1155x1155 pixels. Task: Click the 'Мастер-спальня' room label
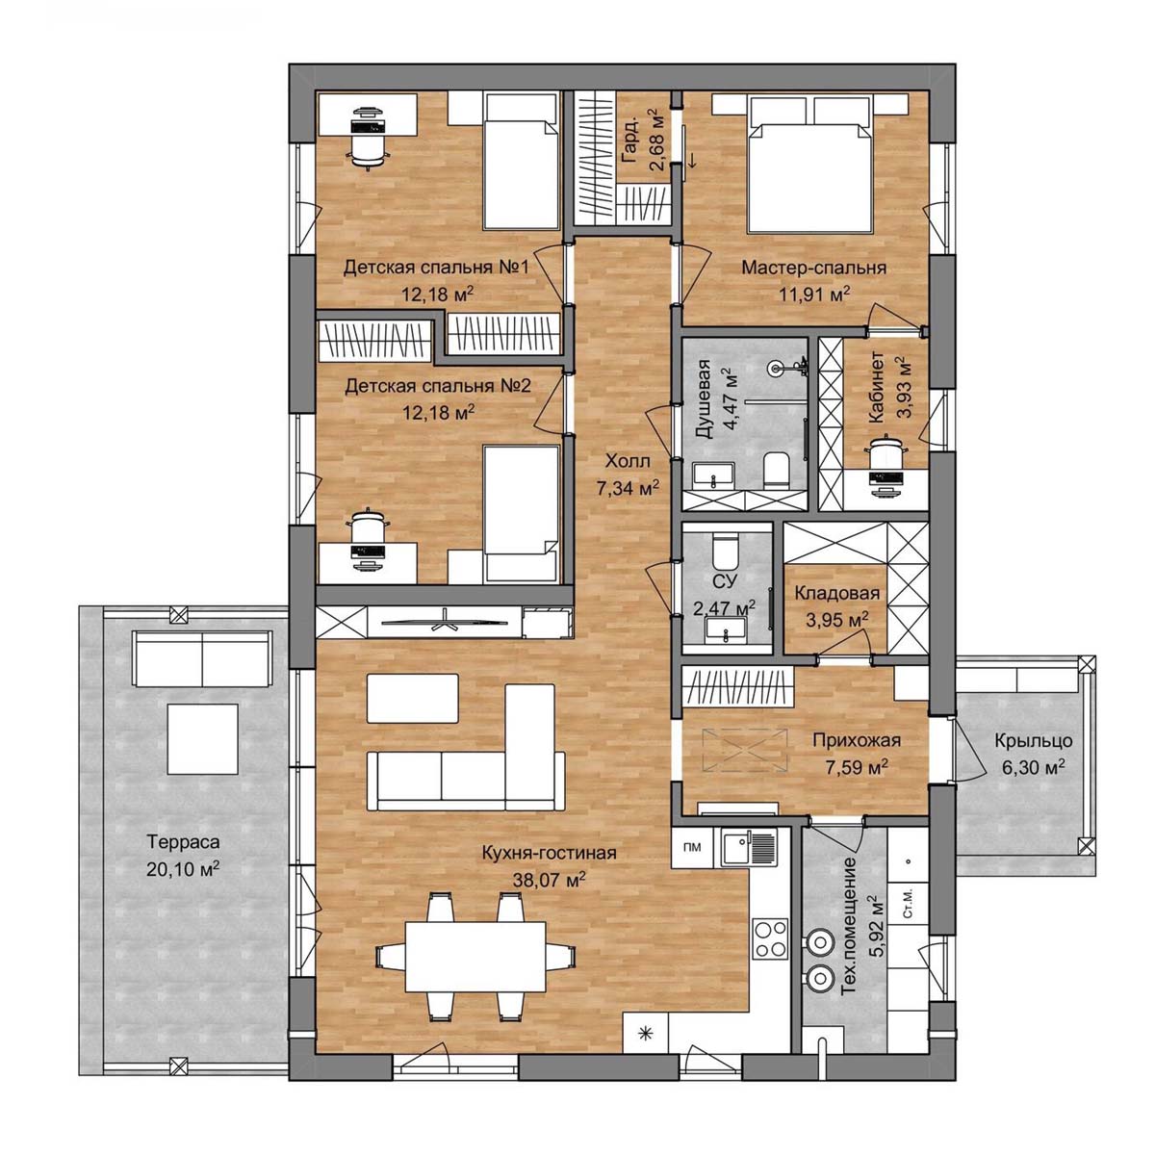click(813, 268)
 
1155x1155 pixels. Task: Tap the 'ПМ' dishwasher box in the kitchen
click(692, 846)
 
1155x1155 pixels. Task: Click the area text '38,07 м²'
click(549, 880)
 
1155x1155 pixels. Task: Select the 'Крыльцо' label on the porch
click(1034, 741)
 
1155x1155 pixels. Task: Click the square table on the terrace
click(203, 738)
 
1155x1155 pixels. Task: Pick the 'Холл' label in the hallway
click(627, 462)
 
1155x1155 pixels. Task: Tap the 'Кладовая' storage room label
click(836, 593)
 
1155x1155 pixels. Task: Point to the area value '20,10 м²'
click(182, 869)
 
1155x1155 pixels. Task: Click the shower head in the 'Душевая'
click(777, 367)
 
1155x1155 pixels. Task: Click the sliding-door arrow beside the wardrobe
click(691, 160)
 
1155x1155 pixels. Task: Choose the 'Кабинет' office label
click(876, 387)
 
